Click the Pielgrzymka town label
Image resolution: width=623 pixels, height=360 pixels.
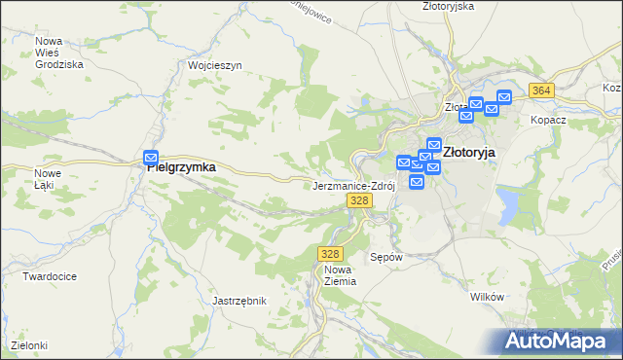[x=181, y=167]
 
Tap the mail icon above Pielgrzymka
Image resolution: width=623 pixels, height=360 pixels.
[x=151, y=158]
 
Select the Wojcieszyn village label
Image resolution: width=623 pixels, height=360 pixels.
[x=214, y=66]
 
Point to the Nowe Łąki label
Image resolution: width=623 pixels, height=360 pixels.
[x=48, y=178]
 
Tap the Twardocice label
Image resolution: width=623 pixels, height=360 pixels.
[x=50, y=276]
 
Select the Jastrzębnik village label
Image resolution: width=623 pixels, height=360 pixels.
[x=239, y=302]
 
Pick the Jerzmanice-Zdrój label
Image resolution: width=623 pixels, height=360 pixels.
[x=352, y=185]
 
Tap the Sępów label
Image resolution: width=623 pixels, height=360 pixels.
[x=386, y=258]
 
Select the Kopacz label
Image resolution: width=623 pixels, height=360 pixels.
[x=548, y=120]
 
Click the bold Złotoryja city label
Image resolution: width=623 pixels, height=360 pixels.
[x=469, y=153]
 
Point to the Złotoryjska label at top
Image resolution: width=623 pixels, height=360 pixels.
[x=448, y=6]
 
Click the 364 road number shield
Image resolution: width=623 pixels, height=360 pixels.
[x=542, y=90]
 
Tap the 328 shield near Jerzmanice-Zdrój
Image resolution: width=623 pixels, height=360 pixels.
[x=359, y=200]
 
